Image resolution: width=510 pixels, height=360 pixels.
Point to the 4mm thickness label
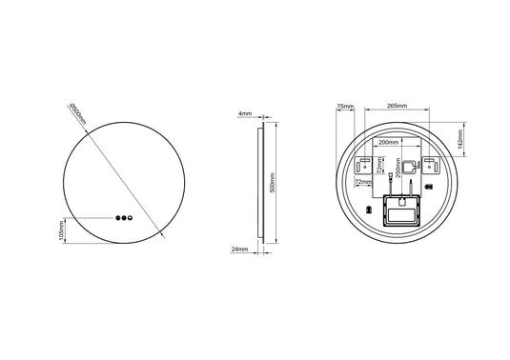click(x=244, y=113)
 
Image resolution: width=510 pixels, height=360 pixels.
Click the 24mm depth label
click(x=239, y=250)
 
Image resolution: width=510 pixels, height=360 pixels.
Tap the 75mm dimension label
click(x=344, y=107)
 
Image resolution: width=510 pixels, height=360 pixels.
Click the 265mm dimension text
click(x=398, y=107)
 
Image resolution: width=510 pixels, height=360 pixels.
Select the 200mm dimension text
click(x=388, y=142)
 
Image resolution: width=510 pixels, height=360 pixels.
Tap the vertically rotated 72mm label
click(x=378, y=169)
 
